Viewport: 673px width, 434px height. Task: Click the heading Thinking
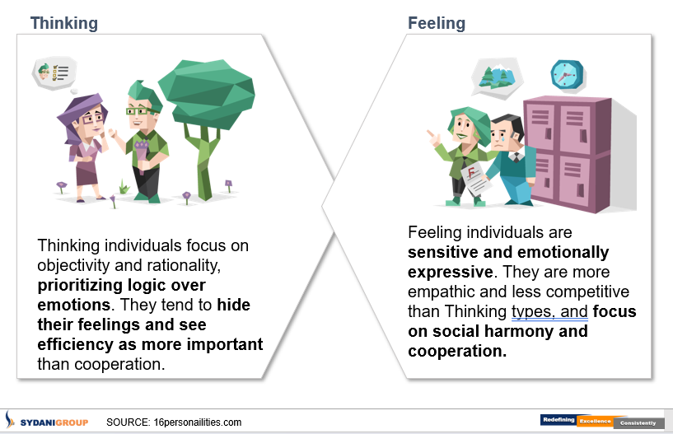[64, 24]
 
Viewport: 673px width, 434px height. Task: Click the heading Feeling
[437, 24]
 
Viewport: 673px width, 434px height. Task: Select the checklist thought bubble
[54, 74]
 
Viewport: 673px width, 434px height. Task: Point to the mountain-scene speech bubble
[497, 78]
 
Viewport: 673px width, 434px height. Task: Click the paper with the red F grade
[475, 179]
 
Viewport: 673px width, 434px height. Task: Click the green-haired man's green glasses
[140, 111]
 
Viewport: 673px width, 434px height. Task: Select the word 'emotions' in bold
[73, 305]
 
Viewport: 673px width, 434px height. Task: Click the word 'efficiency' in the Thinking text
[75, 345]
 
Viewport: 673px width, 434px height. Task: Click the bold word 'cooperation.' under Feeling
[457, 351]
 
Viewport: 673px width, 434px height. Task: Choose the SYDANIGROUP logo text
[54, 422]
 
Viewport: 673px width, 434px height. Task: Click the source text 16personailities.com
[198, 422]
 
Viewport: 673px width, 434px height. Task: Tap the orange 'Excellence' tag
[595, 422]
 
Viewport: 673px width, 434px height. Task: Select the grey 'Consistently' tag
[638, 423]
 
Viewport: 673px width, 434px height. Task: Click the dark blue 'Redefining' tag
[558, 420]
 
